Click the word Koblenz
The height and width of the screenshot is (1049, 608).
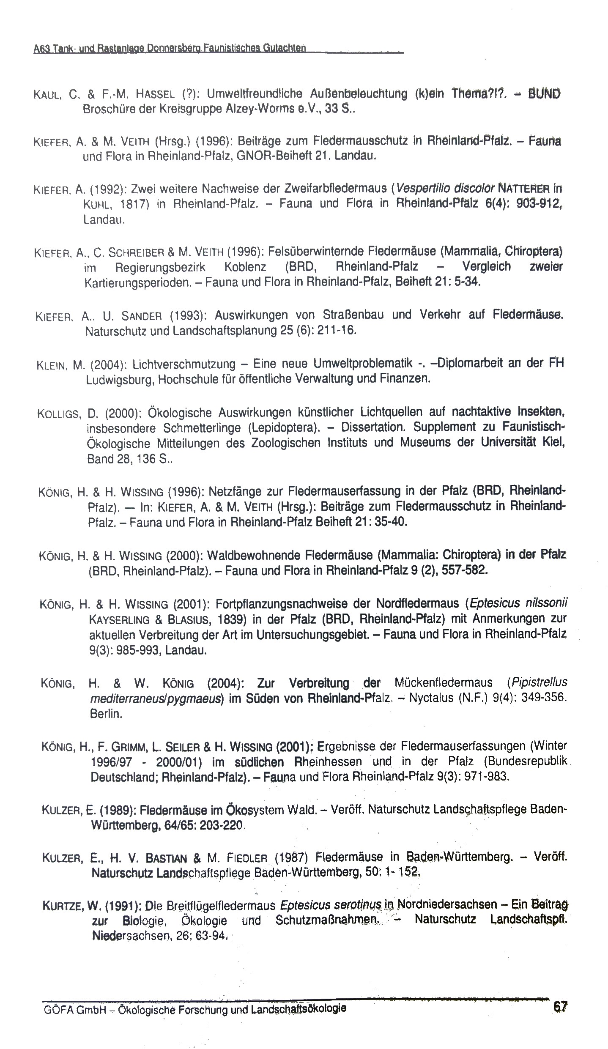(x=245, y=267)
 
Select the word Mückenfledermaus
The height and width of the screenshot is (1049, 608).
(x=443, y=682)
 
